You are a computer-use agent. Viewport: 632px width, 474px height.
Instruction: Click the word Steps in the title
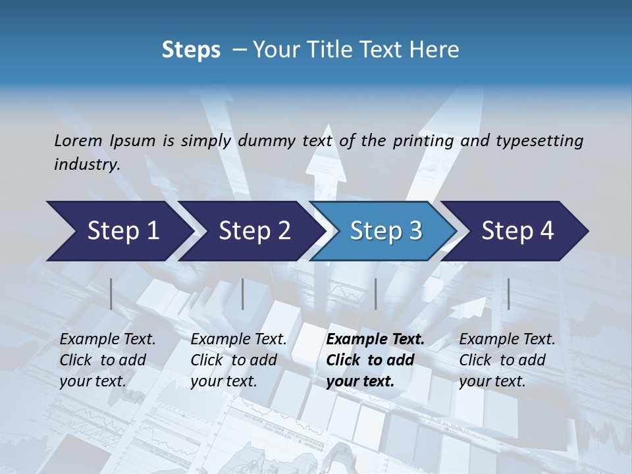[191, 50]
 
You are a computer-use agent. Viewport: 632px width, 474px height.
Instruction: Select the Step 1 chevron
[118, 231]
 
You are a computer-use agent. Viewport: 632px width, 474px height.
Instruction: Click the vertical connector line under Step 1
[111, 294]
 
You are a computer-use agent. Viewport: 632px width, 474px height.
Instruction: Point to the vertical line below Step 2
[243, 294]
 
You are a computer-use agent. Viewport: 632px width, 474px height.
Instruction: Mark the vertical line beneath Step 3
[375, 294]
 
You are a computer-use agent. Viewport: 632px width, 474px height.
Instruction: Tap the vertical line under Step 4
[508, 294]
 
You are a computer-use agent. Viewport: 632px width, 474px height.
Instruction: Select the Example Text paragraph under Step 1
[107, 360]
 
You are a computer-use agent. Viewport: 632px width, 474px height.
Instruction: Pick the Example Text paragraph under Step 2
[238, 360]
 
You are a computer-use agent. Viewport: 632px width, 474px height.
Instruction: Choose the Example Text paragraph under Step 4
[507, 360]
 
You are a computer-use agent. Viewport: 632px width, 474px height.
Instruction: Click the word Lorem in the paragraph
[78, 140]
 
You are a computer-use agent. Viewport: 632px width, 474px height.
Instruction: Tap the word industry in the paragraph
[86, 165]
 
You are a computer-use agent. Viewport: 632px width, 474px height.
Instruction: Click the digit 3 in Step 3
[414, 231]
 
